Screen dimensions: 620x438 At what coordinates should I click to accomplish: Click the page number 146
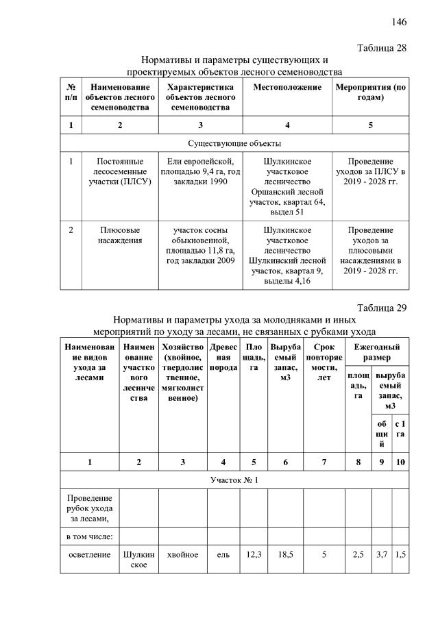399,22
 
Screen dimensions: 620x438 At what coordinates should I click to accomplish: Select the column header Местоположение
287,88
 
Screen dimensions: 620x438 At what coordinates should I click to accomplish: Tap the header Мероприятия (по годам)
370,92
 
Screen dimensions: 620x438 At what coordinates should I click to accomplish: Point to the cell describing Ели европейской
200,172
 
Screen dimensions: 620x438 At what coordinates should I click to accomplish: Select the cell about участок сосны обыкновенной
200,245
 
